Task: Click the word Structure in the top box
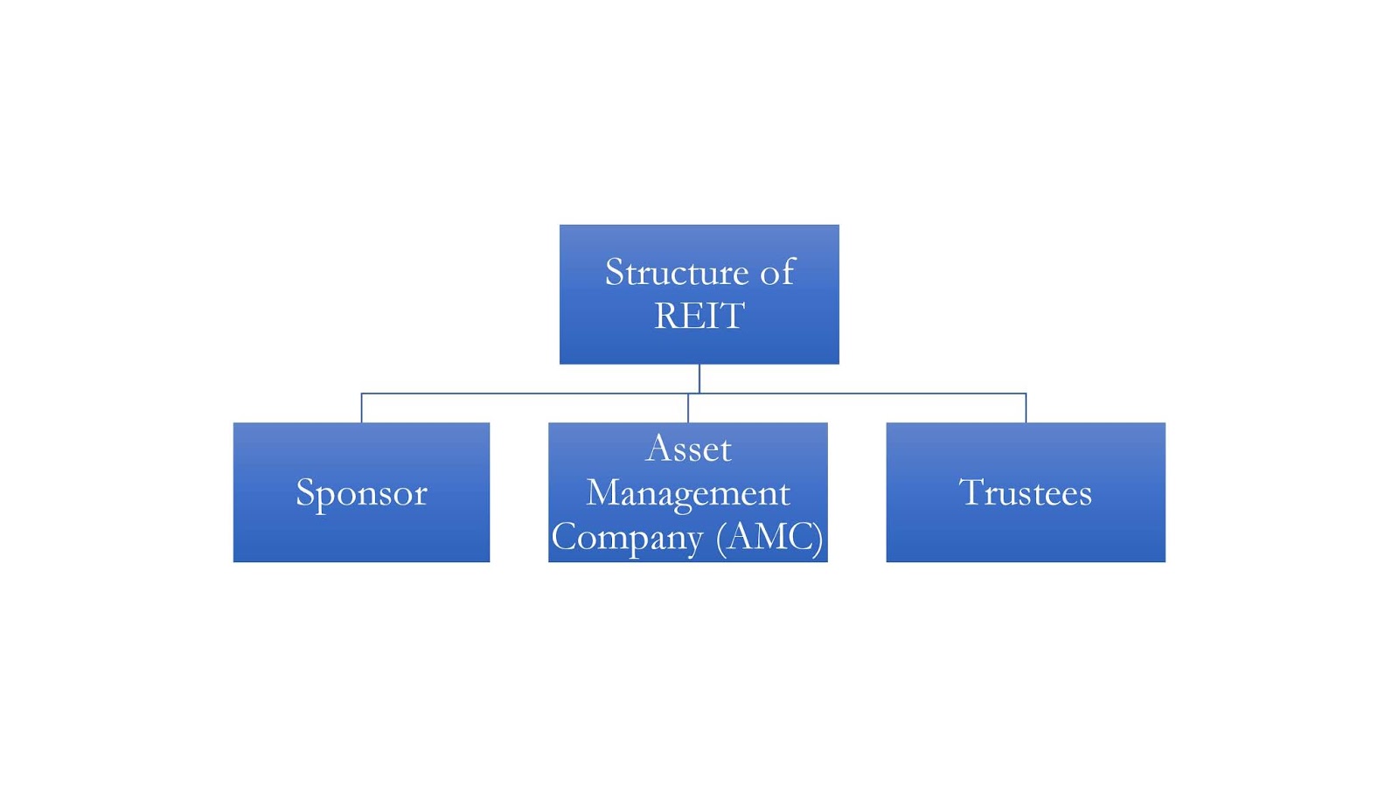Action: point(676,272)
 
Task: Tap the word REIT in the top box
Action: point(699,316)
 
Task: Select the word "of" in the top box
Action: point(777,272)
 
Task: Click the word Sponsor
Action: point(361,492)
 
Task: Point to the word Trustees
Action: point(1025,492)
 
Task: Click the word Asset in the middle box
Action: point(688,449)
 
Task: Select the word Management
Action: point(688,493)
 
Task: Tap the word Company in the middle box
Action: point(627,537)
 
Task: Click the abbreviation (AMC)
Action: point(769,537)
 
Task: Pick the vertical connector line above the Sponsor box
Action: point(361,408)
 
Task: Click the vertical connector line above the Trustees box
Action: point(1026,408)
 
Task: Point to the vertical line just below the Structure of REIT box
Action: point(699,378)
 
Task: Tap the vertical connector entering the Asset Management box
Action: point(688,408)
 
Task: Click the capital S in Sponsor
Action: point(304,491)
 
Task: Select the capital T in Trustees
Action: point(971,491)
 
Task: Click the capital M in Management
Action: point(605,492)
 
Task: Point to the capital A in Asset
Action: point(658,449)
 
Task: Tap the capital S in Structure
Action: point(615,272)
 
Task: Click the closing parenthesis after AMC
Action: point(818,537)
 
